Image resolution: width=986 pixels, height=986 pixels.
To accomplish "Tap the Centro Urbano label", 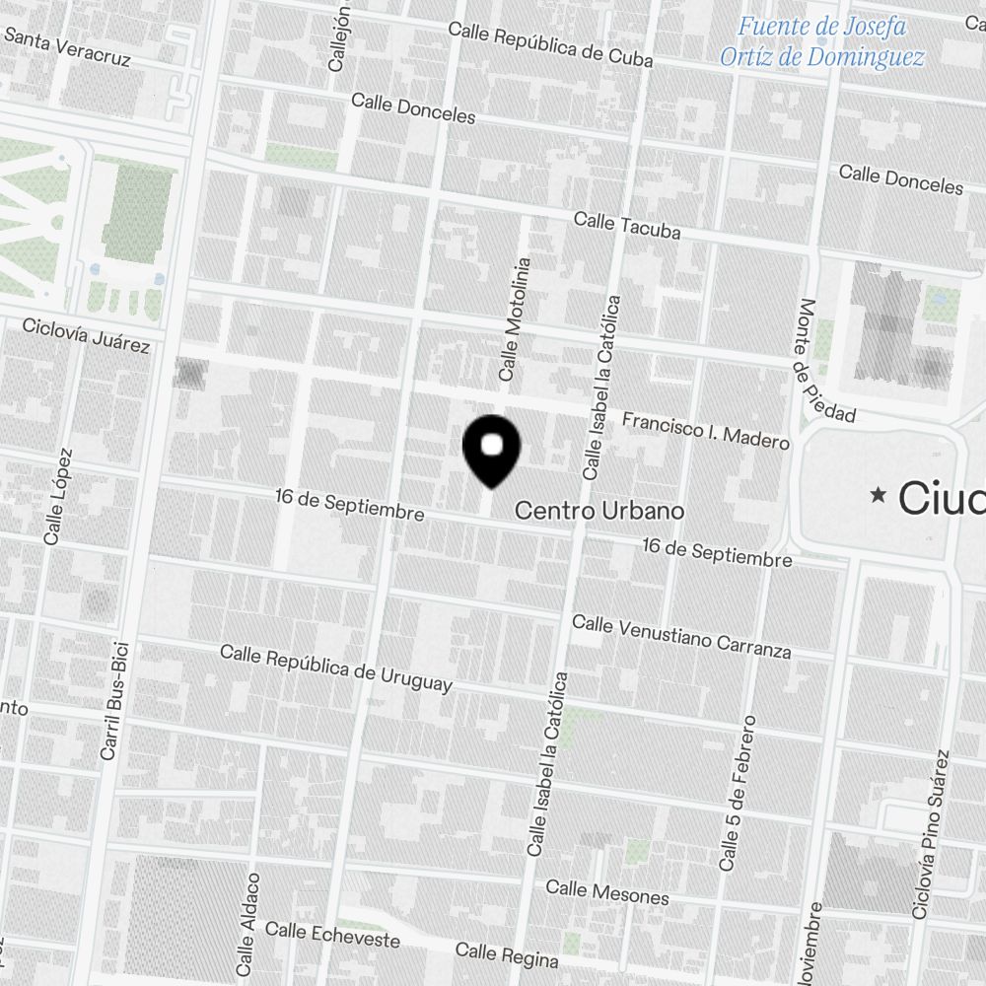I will (599, 511).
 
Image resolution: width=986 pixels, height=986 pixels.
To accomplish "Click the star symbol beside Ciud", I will (878, 495).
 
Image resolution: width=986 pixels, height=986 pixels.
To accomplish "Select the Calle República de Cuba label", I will (550, 43).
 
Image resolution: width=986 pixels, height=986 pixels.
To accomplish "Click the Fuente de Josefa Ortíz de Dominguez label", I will (821, 42).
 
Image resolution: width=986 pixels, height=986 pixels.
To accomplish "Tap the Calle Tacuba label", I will (627, 226).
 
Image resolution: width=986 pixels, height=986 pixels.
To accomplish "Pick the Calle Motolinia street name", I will (516, 319).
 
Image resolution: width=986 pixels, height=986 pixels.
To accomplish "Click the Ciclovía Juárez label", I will (86, 335).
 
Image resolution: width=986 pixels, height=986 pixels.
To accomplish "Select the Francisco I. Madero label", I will (705, 431).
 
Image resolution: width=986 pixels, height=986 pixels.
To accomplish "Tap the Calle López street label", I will (58, 497).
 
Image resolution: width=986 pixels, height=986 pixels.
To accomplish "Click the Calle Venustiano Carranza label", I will (681, 637).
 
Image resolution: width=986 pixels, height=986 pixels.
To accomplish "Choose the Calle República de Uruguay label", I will (336, 668).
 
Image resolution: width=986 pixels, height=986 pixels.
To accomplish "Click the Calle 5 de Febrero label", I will (738, 793).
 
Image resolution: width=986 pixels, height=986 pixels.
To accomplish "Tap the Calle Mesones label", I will (607, 892).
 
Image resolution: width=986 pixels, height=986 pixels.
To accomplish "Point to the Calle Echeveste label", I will (332, 934).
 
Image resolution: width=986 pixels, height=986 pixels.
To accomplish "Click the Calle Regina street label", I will (507, 954).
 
